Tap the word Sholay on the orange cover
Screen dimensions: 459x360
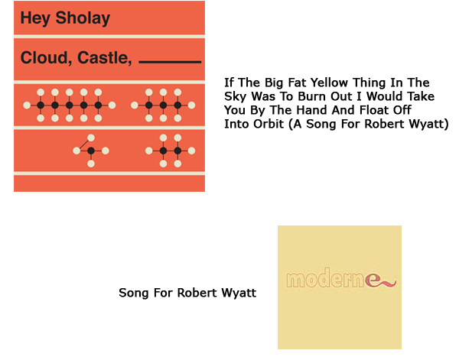click(x=83, y=18)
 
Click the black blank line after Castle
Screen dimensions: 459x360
click(x=170, y=62)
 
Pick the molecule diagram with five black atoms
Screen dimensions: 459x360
click(x=70, y=105)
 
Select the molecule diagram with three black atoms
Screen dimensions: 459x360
click(x=163, y=105)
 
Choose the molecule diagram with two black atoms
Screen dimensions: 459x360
click(x=171, y=151)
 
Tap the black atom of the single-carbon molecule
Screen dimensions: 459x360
click(x=91, y=151)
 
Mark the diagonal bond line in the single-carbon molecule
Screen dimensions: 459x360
click(x=84, y=144)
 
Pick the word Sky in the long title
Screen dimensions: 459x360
click(x=236, y=97)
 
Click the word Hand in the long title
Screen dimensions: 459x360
click(x=311, y=110)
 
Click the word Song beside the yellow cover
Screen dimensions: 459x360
click(x=134, y=293)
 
